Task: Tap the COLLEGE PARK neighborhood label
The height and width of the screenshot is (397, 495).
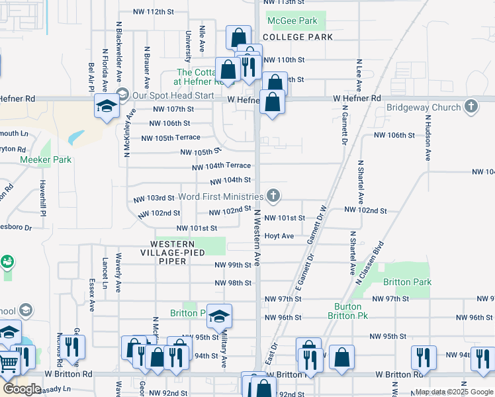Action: [298, 37]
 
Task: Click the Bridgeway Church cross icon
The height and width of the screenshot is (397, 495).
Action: [471, 107]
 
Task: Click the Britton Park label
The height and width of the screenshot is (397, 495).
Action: [408, 283]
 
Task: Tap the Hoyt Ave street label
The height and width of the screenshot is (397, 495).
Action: [279, 236]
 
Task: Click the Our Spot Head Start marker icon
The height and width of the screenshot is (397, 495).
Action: [121, 95]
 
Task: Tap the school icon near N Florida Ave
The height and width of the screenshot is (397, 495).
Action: [106, 107]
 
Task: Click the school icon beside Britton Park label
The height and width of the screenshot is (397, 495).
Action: [220, 317]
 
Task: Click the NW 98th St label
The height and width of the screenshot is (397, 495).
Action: [232, 283]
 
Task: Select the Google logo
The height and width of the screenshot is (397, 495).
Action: [22, 389]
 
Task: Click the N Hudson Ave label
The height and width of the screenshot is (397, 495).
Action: [428, 138]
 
